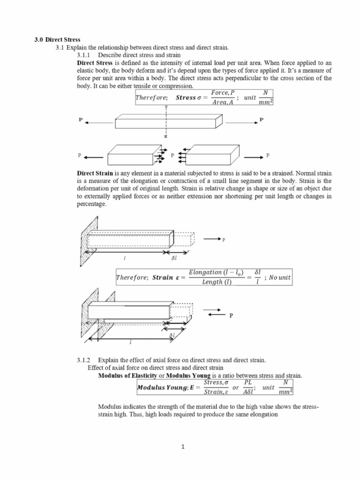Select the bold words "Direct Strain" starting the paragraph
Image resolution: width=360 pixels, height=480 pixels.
click(x=95, y=172)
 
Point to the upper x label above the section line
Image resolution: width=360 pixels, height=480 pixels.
click(x=166, y=107)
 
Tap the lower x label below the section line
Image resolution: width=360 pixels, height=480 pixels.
click(x=166, y=137)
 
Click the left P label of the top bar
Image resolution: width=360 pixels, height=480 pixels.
click(x=81, y=120)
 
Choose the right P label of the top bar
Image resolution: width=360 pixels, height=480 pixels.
click(x=262, y=120)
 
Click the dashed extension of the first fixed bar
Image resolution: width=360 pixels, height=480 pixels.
click(x=183, y=239)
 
